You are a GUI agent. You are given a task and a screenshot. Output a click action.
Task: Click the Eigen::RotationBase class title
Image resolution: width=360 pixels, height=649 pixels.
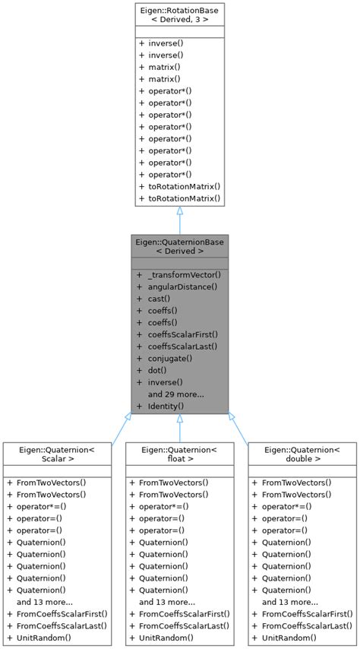(179, 14)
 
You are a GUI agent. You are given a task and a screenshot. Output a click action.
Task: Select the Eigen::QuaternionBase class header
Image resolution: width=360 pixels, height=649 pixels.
(179, 246)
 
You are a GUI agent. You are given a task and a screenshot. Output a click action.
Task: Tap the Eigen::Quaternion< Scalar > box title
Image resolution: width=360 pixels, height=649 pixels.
(57, 454)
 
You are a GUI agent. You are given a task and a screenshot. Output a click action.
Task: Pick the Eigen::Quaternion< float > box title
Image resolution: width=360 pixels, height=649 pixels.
(179, 454)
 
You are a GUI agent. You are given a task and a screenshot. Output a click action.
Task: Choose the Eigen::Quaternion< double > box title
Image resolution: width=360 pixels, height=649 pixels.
(302, 454)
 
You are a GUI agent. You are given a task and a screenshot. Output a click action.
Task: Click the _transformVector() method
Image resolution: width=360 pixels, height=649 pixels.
(184, 274)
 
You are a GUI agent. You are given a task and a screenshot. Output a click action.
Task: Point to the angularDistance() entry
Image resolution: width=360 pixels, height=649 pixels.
(182, 287)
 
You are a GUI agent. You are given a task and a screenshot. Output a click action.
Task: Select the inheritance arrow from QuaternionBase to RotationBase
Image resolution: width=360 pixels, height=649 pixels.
(179, 220)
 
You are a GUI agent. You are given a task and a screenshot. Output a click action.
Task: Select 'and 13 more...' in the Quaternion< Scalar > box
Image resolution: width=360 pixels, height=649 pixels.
(45, 601)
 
